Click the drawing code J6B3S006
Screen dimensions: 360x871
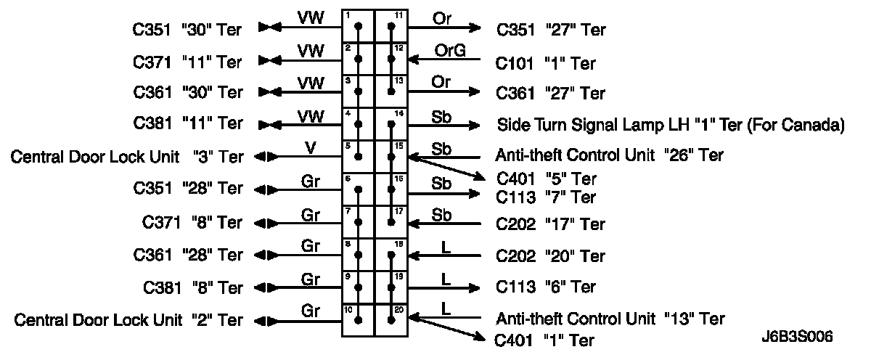pos(797,337)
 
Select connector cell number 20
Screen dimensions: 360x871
pos(391,319)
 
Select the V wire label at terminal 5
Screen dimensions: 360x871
pos(310,147)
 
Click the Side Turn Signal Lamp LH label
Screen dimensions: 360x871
pos(670,124)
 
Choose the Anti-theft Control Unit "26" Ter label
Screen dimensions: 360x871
pos(609,155)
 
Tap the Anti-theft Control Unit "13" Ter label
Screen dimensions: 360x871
pos(610,318)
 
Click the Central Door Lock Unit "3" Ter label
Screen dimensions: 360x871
pos(126,157)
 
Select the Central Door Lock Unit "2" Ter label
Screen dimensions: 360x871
pos(128,320)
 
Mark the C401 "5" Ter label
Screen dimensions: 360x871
pos(546,179)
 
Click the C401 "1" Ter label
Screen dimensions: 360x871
pos(544,340)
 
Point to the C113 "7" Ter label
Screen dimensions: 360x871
pos(546,197)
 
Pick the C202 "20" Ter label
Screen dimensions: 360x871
pos(550,256)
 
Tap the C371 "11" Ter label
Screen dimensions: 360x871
pos(188,60)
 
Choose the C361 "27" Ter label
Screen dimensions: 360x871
pos(550,94)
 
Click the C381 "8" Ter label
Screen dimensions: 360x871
pos(188,288)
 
